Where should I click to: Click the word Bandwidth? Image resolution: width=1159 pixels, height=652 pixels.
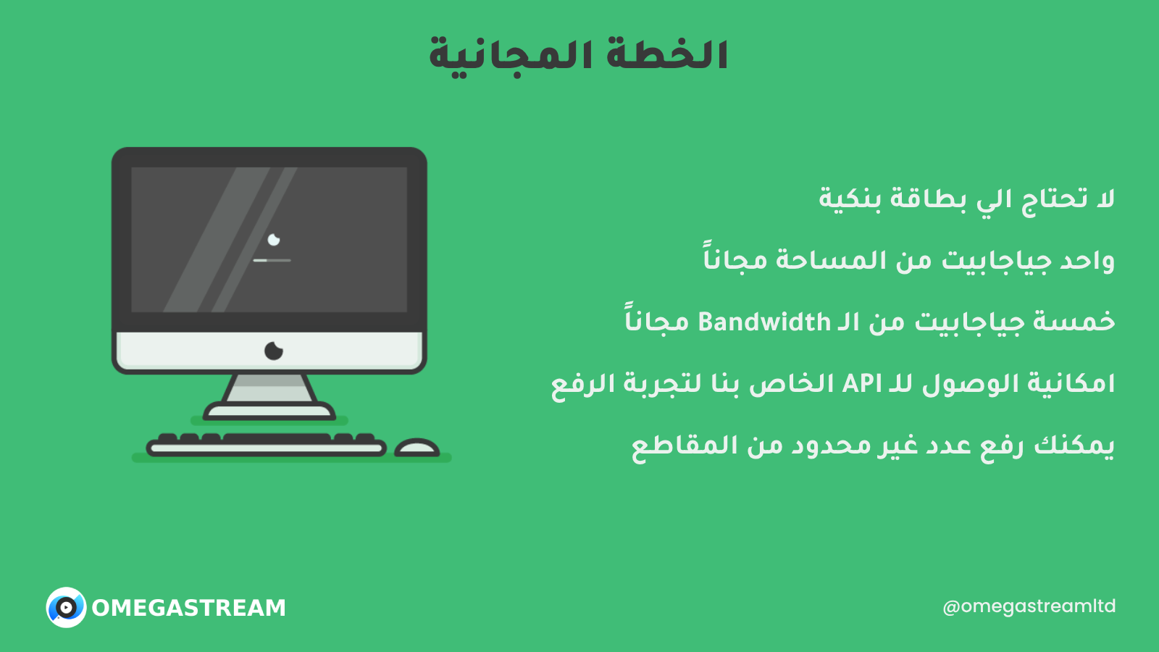point(764,322)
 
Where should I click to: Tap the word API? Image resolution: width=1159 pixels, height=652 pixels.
point(862,384)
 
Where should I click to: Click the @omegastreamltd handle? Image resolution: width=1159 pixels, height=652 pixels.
point(1029,606)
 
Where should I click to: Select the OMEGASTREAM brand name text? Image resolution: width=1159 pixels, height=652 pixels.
point(189,608)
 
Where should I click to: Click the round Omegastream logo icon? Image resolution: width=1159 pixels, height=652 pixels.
point(66,608)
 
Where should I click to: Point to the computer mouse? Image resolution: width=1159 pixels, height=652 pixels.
point(417,448)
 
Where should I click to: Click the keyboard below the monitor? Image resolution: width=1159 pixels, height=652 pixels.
point(267,445)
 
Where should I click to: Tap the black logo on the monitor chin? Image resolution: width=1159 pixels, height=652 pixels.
point(273,351)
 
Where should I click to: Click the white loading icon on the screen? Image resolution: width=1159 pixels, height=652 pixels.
point(274,240)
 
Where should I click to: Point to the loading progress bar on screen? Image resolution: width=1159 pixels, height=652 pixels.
point(272,260)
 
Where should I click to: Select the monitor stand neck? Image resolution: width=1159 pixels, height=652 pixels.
point(269,388)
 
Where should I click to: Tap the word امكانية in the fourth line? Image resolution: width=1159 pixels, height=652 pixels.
point(1071,384)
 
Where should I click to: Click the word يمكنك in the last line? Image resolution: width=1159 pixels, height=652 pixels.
point(1074,446)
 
